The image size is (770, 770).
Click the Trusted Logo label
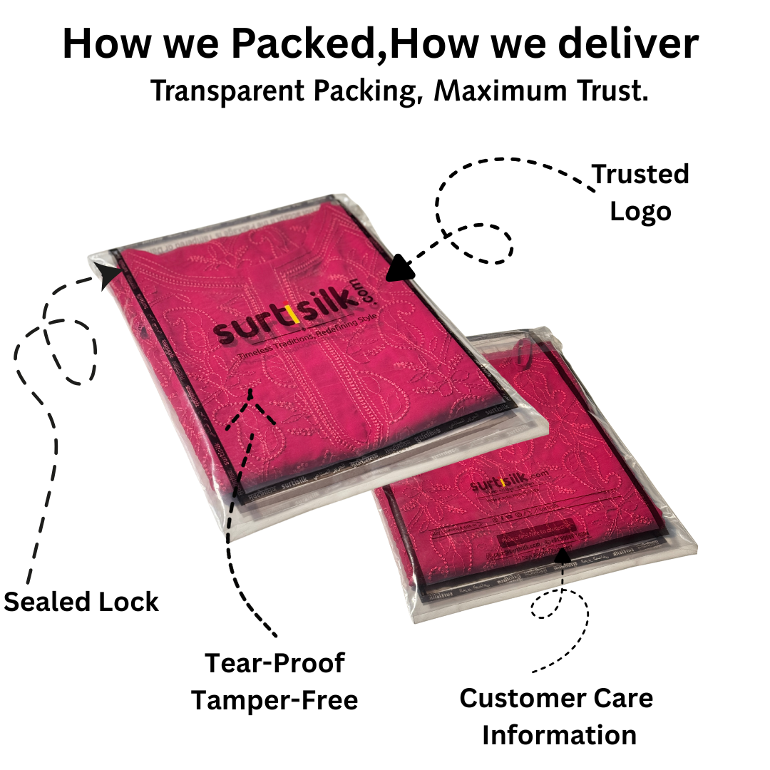click(x=640, y=192)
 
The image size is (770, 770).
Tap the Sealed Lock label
click(x=81, y=602)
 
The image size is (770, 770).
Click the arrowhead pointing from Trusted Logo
click(x=400, y=269)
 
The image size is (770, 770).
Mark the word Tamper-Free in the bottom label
click(x=274, y=700)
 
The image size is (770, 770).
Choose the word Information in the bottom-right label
click(x=559, y=734)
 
